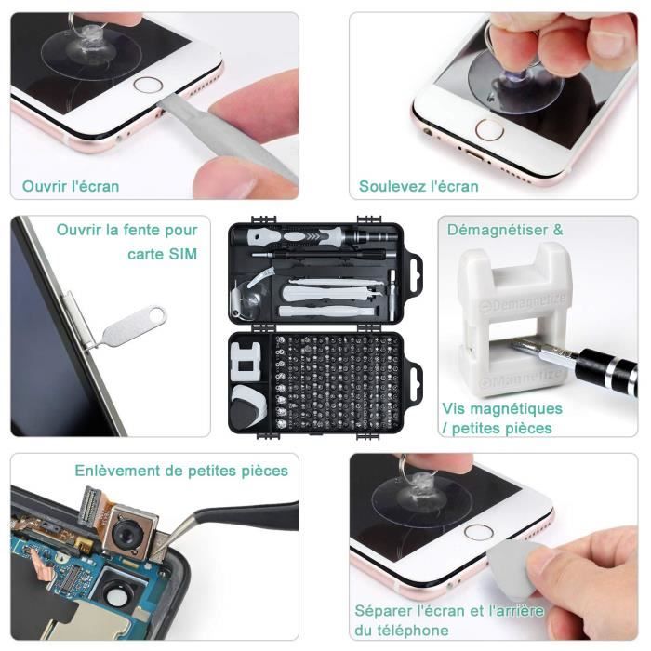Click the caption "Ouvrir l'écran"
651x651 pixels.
click(x=71, y=186)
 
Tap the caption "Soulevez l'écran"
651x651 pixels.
click(x=418, y=186)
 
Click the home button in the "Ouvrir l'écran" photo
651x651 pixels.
click(x=148, y=85)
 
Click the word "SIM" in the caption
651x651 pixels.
click(x=183, y=254)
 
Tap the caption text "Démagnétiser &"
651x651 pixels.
click(x=505, y=230)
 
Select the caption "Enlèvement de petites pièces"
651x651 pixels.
click(x=181, y=470)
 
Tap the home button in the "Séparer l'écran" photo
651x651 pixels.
click(x=478, y=532)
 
